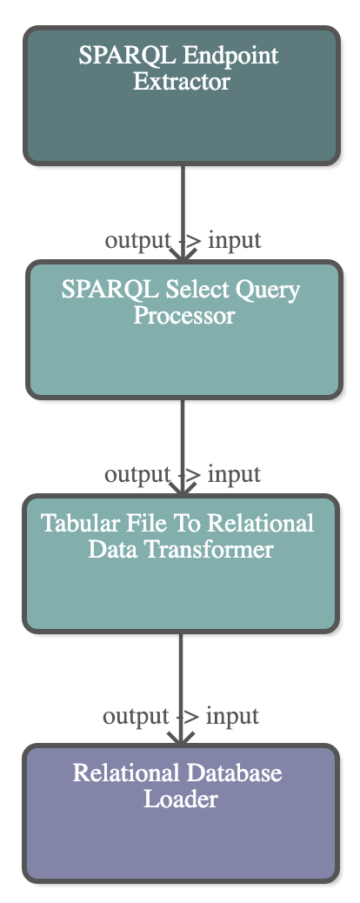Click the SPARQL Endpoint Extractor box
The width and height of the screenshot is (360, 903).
(182, 96)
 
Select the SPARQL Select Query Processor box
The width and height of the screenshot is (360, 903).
(184, 330)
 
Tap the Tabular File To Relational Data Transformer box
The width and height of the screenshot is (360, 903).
(181, 564)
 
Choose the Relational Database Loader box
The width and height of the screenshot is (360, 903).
(181, 813)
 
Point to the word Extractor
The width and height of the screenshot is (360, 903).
(182, 81)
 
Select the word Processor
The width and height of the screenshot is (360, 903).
(184, 316)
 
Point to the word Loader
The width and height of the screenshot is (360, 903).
(180, 799)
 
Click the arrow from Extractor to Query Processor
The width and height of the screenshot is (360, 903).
(183, 213)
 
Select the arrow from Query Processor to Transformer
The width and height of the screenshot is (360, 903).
(183, 447)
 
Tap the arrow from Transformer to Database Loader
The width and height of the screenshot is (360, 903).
(181, 689)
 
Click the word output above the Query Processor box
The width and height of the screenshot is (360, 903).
(137, 240)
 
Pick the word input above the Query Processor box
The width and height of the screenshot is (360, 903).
(235, 240)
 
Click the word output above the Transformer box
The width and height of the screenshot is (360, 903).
(137, 474)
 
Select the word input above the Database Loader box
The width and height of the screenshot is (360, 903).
(233, 717)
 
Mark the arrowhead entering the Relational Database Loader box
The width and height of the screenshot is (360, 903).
(181, 737)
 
